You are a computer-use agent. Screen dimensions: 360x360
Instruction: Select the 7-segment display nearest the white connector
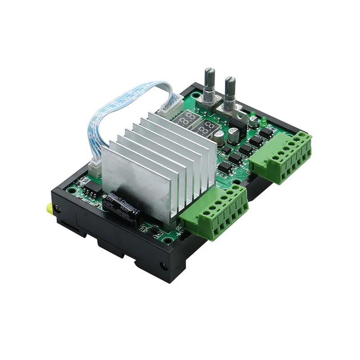point(186,119)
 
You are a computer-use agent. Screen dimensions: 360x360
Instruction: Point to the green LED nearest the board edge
point(264,120)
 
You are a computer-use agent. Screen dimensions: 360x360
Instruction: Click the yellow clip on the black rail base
point(48,208)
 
